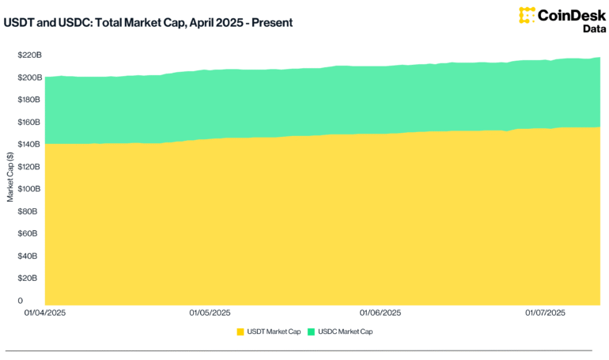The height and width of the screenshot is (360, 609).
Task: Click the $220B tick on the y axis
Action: pyautogui.click(x=29, y=55)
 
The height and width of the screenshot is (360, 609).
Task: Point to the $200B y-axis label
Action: pyautogui.click(x=29, y=78)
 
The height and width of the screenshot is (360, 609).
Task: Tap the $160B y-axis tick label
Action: pyautogui.click(x=29, y=122)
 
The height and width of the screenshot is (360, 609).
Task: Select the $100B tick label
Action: pyautogui.click(x=29, y=189)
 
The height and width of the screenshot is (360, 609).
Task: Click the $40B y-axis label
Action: pyautogui.click(x=31, y=256)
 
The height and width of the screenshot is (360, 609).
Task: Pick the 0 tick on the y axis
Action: pyautogui.click(x=21, y=301)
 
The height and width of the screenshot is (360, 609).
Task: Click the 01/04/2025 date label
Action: pyautogui.click(x=44, y=313)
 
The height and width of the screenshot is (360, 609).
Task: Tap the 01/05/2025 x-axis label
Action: pyautogui.click(x=210, y=313)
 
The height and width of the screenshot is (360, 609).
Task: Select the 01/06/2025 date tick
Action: pyautogui.click(x=380, y=313)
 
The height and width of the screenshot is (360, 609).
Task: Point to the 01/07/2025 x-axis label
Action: pyautogui.click(x=546, y=313)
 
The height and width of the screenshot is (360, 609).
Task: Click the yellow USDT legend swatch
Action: pyautogui.click(x=240, y=332)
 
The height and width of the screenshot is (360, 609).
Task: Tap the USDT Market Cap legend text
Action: pyautogui.click(x=274, y=332)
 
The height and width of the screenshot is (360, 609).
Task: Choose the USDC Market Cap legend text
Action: pyautogui.click(x=346, y=332)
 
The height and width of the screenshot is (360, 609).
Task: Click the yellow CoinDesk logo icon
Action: pyautogui.click(x=527, y=15)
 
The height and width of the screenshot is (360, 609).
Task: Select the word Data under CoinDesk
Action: pyautogui.click(x=584, y=29)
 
